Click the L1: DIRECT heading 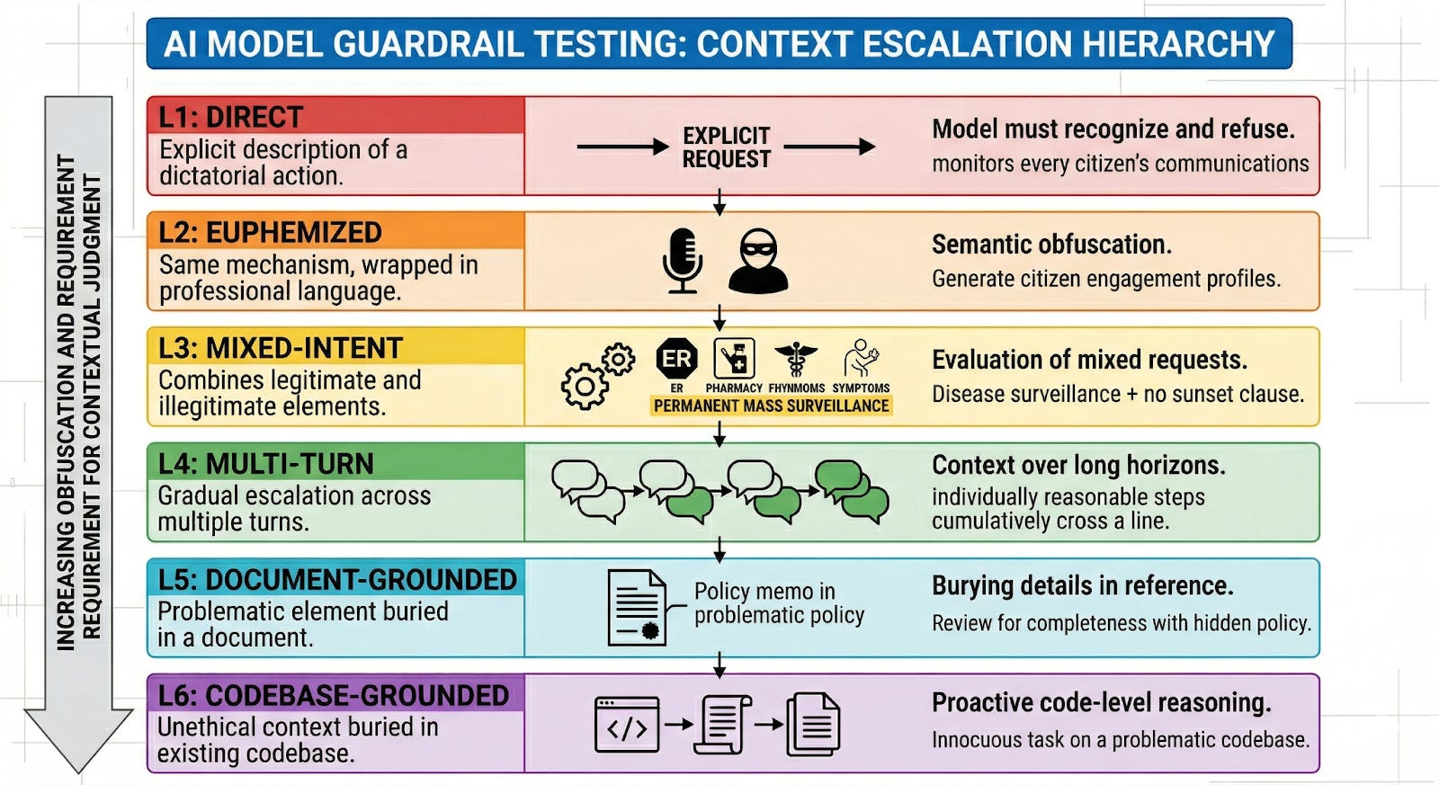[231, 117]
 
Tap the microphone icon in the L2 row [683, 260]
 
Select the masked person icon [758, 261]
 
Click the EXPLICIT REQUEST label [726, 147]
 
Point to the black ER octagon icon [676, 360]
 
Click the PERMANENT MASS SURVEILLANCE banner [771, 406]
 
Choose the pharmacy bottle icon [734, 360]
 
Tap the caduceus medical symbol [796, 360]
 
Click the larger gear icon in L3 [585, 388]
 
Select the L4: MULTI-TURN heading [265, 464]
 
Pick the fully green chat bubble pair [851, 490]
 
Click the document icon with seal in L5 [637, 607]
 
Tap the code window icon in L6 [627, 724]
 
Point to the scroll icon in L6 [721, 724]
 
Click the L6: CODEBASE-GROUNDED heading [334, 695]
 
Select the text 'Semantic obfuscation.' [1050, 245]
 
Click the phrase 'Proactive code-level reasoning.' [1101, 702]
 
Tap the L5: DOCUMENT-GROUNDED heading [337, 580]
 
